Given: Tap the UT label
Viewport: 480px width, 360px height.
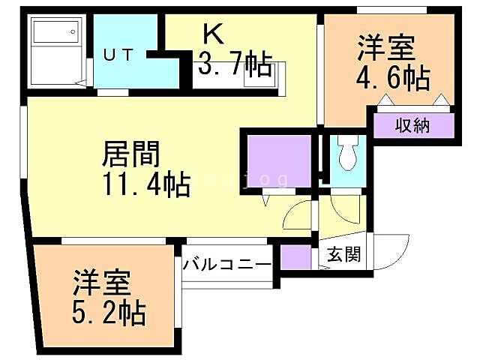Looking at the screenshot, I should coord(119,54).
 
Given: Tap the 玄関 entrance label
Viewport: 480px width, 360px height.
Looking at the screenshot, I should coord(343,254).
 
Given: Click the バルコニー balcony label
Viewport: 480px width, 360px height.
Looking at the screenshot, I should coord(226,265).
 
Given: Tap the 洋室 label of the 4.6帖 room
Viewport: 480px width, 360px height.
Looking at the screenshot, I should coord(383,46).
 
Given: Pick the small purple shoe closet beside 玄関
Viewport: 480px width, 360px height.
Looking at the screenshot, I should coord(296,257).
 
